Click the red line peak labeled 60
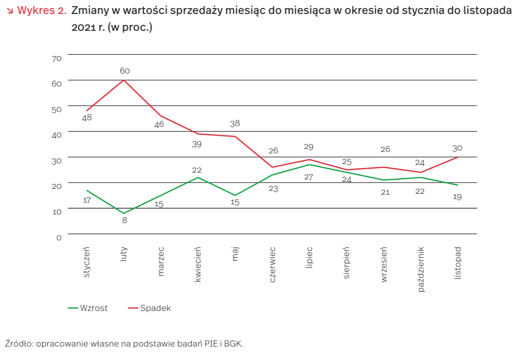[x=124, y=80]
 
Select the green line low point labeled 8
[x=124, y=213]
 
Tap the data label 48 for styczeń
[x=87, y=117]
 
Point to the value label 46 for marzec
[x=159, y=124]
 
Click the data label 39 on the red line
[x=197, y=144]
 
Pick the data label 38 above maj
[x=235, y=124]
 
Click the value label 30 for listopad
[x=457, y=148]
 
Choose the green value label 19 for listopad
[x=457, y=197]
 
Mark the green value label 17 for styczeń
[x=87, y=200]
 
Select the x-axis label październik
[x=421, y=269]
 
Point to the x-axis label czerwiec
[x=272, y=264]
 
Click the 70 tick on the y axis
[x=57, y=59]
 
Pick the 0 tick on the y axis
[x=59, y=237]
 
